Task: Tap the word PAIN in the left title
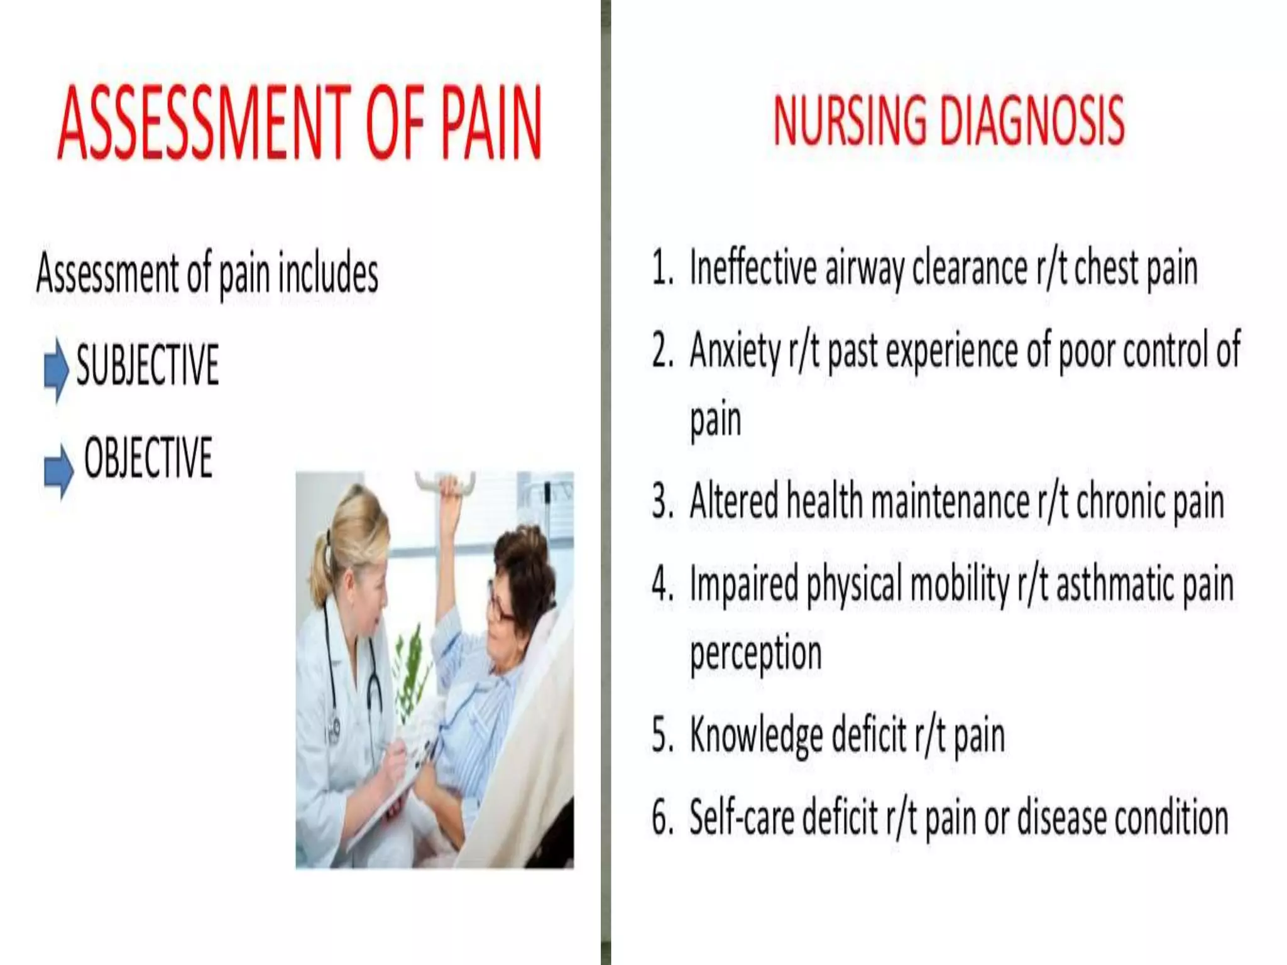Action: pos(490,123)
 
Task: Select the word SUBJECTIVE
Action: pos(147,364)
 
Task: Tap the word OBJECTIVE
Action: pos(148,457)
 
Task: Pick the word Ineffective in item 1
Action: pos(752,269)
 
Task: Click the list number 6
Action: pos(662,818)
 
